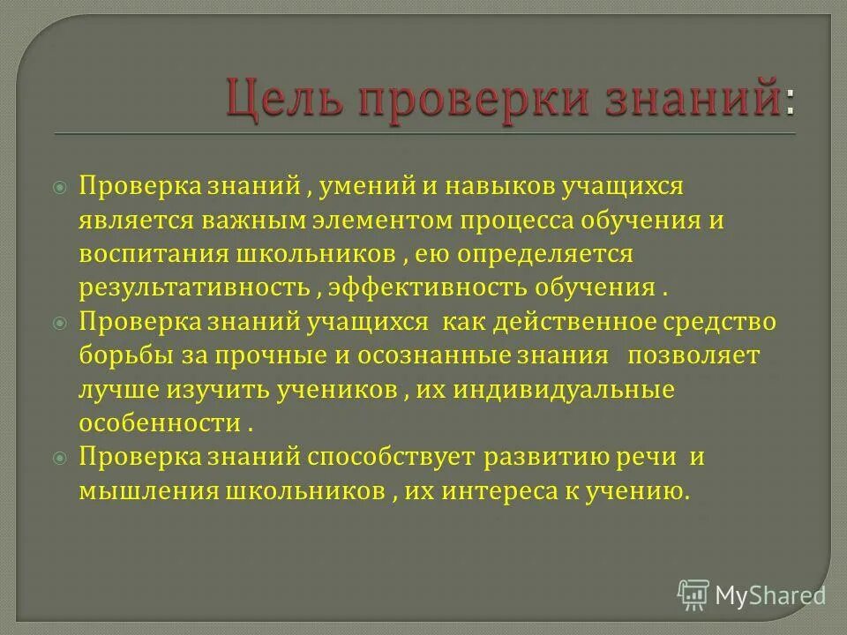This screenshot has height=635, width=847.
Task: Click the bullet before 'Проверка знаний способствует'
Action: coord(60,458)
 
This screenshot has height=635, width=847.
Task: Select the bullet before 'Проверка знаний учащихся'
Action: coord(60,323)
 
